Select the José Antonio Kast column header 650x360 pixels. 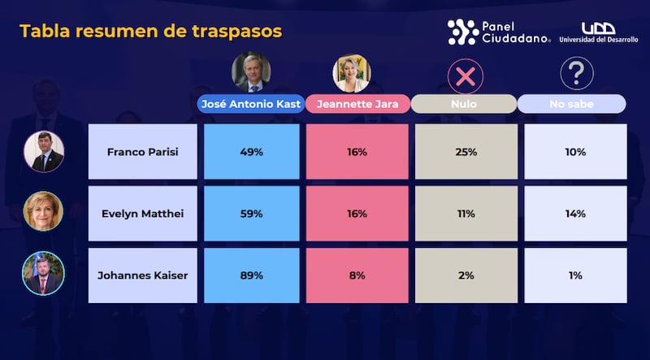pyautogui.click(x=250, y=104)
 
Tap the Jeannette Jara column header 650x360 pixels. pyautogui.click(x=357, y=104)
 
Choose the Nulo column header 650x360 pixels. pyautogui.click(x=465, y=104)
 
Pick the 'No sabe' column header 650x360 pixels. pyautogui.click(x=572, y=104)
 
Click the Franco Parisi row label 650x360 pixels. pyautogui.click(x=142, y=151)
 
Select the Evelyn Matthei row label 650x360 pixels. pyautogui.click(x=142, y=214)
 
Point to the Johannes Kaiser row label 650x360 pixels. pyautogui.click(x=142, y=275)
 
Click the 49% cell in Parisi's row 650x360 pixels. pyautogui.click(x=251, y=151)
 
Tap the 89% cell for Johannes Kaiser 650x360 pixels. pyautogui.click(x=251, y=275)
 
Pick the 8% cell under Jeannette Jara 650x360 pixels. pyautogui.click(x=357, y=275)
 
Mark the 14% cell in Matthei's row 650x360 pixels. pyautogui.click(x=575, y=214)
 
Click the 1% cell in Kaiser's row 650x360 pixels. pyautogui.click(x=575, y=275)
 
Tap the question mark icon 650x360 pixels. pyautogui.click(x=576, y=74)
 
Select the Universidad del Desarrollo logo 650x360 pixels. pyautogui.click(x=597, y=33)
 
